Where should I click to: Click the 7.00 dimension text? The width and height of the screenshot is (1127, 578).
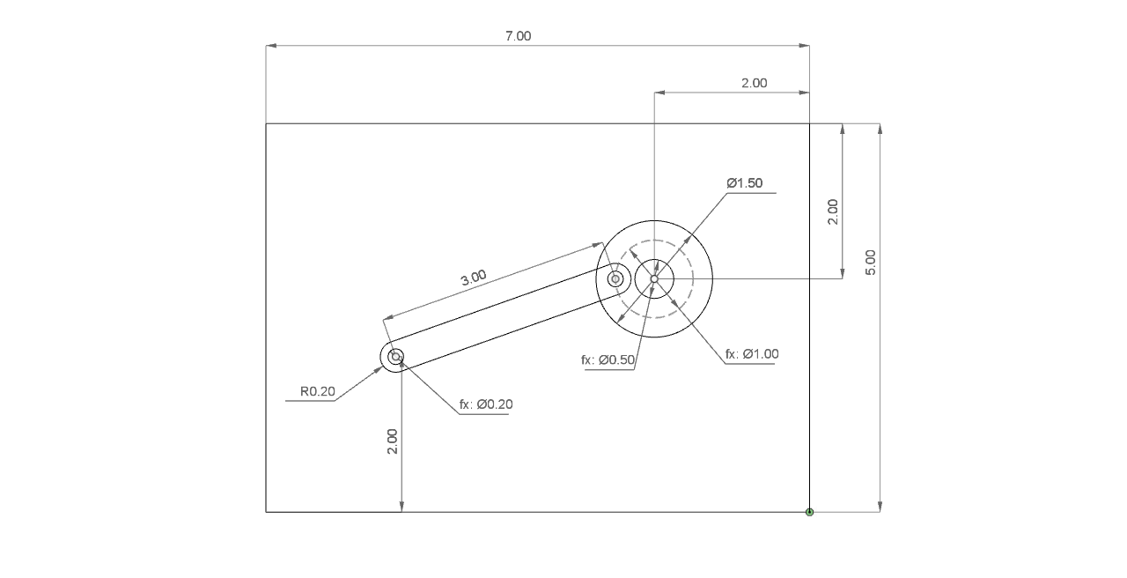(x=518, y=36)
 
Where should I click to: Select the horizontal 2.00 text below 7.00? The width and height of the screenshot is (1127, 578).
(x=754, y=83)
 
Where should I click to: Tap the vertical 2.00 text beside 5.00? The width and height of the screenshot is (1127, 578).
(x=833, y=211)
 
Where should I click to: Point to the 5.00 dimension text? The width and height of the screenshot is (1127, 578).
(x=870, y=262)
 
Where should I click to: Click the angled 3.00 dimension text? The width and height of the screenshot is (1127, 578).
(x=473, y=277)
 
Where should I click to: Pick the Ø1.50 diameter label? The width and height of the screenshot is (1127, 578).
(x=745, y=183)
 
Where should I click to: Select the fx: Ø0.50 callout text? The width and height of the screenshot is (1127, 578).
(x=608, y=359)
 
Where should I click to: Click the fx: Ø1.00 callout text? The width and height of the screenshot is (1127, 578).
(x=752, y=354)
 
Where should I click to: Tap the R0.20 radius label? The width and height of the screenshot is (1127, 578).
(x=318, y=392)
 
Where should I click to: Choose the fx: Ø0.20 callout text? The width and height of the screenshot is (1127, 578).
(x=486, y=404)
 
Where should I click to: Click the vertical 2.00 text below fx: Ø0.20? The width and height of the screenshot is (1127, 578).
(x=393, y=441)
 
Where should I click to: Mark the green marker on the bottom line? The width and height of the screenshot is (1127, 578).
(x=809, y=512)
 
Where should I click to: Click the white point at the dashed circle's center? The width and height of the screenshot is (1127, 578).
(x=654, y=279)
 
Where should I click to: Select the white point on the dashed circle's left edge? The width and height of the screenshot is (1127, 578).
(x=615, y=279)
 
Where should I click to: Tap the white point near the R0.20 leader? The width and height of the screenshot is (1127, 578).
(x=396, y=356)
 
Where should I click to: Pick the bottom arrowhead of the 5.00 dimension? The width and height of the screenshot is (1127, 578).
(x=880, y=507)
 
